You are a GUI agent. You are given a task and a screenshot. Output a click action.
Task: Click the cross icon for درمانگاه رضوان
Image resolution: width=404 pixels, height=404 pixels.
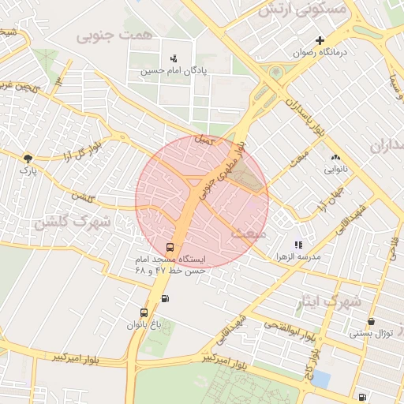(320, 40)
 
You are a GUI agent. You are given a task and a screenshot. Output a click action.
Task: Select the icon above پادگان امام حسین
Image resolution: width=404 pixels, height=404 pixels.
(174, 58)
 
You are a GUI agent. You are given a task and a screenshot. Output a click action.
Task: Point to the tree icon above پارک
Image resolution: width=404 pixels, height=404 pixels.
(28, 159)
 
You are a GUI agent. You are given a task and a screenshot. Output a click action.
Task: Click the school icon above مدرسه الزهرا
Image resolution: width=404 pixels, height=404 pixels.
(297, 245)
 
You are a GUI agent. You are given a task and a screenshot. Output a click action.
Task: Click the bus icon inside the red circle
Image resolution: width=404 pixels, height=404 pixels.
(170, 247)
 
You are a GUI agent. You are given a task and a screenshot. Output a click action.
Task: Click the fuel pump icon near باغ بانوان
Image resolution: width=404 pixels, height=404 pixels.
(164, 298)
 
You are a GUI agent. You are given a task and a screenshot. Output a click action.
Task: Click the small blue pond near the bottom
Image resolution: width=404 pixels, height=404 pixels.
(321, 379)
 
